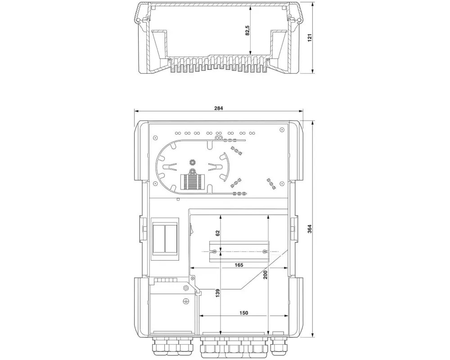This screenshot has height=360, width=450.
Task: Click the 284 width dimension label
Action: pos(218,108)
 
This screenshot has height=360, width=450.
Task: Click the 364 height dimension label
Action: pos(310,229)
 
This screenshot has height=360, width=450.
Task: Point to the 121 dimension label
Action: pos(310,38)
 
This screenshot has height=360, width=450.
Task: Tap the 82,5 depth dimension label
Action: pos(247,31)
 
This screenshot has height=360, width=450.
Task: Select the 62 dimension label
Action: pos(217,233)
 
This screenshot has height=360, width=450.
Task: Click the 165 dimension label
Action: pos(239,265)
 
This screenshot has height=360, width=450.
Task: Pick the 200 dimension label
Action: pos(265,274)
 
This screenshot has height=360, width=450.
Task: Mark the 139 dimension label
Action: pos(217,293)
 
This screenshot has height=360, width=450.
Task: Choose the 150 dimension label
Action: pos(243,313)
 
